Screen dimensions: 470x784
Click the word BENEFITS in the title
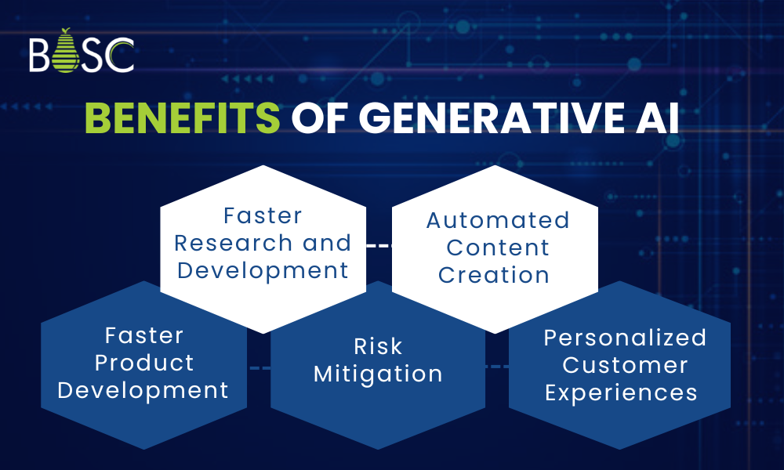point(182,120)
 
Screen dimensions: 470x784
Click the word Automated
point(498,220)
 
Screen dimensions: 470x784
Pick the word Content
point(498,248)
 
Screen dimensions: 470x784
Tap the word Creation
point(494,275)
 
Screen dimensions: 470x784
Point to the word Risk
point(378,346)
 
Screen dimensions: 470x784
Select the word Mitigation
point(378,374)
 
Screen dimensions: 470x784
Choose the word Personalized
point(625,338)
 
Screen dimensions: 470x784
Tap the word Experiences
point(621,392)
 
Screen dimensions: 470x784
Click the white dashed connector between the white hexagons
point(379,245)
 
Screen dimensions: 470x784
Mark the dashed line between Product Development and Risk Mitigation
point(259,367)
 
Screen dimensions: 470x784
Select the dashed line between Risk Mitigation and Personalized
point(496,367)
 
